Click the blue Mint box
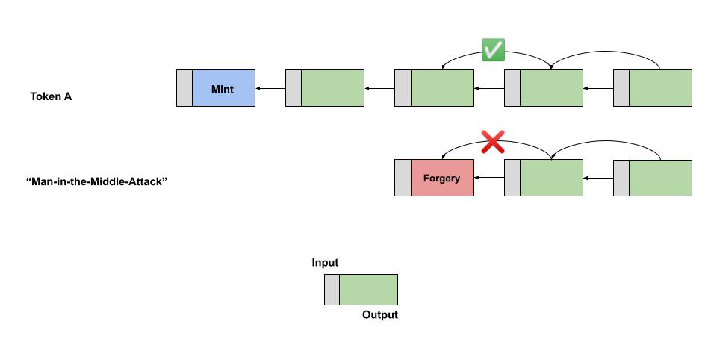click(x=223, y=89)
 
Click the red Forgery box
click(x=442, y=179)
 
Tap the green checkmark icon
click(x=493, y=50)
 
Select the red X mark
click(x=492, y=140)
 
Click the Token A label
click(x=51, y=96)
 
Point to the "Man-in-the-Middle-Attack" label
click(x=96, y=181)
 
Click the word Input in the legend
click(x=325, y=263)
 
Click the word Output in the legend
click(x=380, y=315)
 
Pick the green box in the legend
click(x=368, y=290)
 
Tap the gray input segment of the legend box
click(x=332, y=290)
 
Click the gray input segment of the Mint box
click(x=184, y=89)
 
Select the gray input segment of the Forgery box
click(x=403, y=179)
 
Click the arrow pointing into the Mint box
click(x=270, y=89)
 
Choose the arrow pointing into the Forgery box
click(x=489, y=178)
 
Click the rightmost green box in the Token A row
click(x=660, y=89)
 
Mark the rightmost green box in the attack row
click(x=660, y=179)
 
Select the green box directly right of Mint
click(x=332, y=89)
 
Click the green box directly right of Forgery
click(x=551, y=179)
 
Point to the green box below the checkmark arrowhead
click(x=442, y=89)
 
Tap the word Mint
click(x=223, y=90)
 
